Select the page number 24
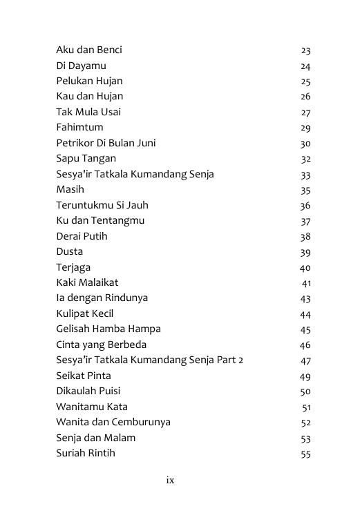(305, 66)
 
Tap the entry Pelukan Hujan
(89, 81)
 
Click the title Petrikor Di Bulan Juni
(106, 143)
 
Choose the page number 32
(305, 159)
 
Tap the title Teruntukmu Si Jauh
(102, 205)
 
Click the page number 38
(305, 237)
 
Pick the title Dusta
(70, 252)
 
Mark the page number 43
(305, 299)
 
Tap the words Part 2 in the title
(229, 360)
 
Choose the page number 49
(305, 376)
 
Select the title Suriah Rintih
(86, 453)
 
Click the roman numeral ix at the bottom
(170, 481)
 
